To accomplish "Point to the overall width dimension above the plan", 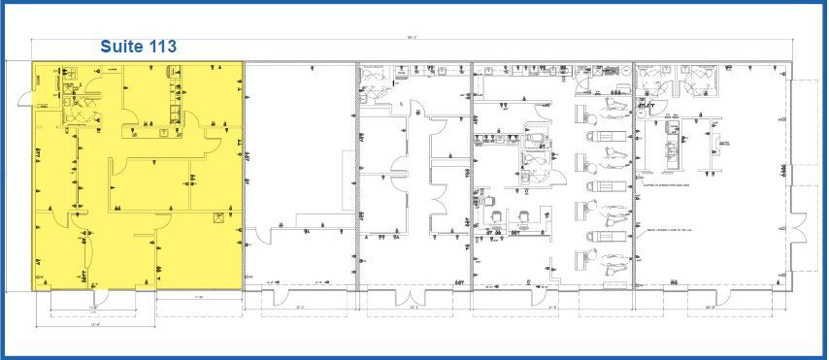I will click(413, 38).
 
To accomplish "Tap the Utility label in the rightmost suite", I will click(723, 145).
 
